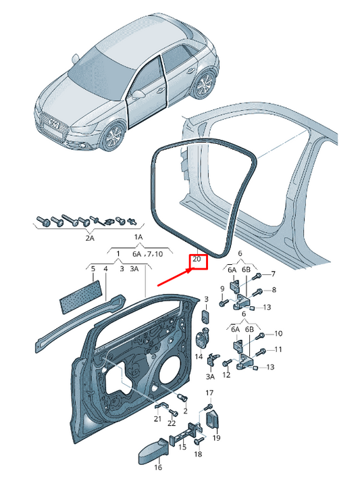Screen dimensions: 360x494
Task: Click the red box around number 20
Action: tap(198, 262)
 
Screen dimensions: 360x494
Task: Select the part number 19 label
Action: tap(216, 438)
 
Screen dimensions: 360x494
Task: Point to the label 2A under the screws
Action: tap(90, 238)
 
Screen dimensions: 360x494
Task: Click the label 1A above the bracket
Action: tap(138, 237)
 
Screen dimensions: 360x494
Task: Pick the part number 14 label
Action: tap(199, 357)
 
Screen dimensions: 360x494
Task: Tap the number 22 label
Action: tap(172, 423)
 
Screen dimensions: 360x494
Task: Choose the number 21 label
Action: tap(157, 419)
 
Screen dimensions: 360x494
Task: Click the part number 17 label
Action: tap(209, 393)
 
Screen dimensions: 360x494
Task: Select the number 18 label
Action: tap(198, 454)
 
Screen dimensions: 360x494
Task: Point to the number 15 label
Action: tap(182, 447)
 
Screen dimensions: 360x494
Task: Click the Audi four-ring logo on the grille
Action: tap(54, 124)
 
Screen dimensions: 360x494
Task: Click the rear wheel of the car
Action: tap(205, 84)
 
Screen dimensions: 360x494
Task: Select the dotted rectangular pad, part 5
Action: tap(81, 297)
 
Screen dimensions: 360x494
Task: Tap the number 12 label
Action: tap(226, 374)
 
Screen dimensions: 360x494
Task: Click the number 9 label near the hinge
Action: tap(222, 289)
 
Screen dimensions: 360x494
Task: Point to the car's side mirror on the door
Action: tap(137, 95)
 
